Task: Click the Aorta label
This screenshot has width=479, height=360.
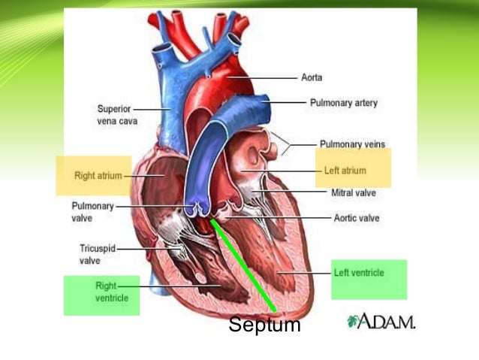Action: pyautogui.click(x=312, y=77)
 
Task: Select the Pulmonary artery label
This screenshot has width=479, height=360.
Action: pyautogui.click(x=343, y=102)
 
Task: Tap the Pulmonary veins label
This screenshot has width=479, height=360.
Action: pyautogui.click(x=348, y=144)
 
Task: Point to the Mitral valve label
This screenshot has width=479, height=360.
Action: pyautogui.click(x=353, y=193)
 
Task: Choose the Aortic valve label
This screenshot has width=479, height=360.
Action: pyautogui.click(x=356, y=219)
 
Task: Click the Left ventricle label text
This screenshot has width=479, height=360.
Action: pyautogui.click(x=357, y=273)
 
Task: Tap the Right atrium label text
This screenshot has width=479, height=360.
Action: pyautogui.click(x=98, y=176)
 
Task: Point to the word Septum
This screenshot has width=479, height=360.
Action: pyautogui.click(x=264, y=326)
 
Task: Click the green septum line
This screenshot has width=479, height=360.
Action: pyautogui.click(x=244, y=267)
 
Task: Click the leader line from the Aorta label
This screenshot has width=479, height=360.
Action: pyautogui.click(x=270, y=77)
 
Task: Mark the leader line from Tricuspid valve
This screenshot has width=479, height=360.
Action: pyautogui.click(x=139, y=249)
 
